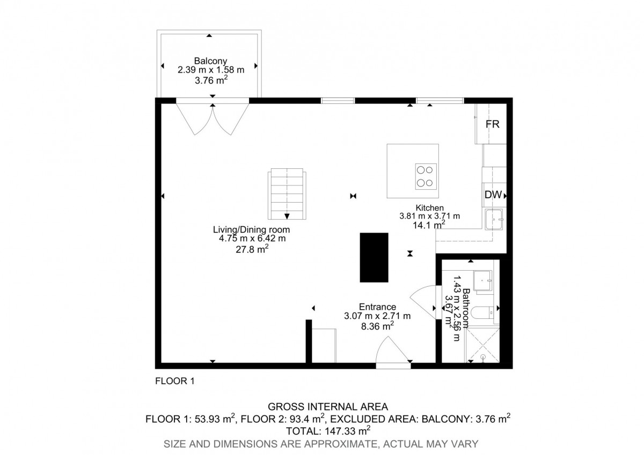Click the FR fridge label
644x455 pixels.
(x=493, y=124)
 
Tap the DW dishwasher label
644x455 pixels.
(x=493, y=195)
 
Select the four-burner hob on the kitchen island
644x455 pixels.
(x=426, y=176)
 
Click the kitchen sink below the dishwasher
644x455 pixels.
(x=494, y=219)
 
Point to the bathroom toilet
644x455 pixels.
(x=484, y=312)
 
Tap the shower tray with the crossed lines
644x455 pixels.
(x=482, y=346)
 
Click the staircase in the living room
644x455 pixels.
(x=287, y=194)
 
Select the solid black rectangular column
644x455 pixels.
(x=374, y=257)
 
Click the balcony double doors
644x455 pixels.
(x=213, y=119)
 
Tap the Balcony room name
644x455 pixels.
(x=210, y=61)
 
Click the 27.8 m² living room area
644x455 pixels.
(x=252, y=249)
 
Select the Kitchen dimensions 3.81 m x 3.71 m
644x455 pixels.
(x=429, y=216)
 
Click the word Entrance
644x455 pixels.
(x=377, y=307)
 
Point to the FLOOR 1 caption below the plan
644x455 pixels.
(x=175, y=381)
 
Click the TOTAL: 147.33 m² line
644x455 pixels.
(x=328, y=431)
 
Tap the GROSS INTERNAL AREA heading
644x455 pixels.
(x=328, y=407)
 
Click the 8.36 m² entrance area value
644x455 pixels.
(x=377, y=326)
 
